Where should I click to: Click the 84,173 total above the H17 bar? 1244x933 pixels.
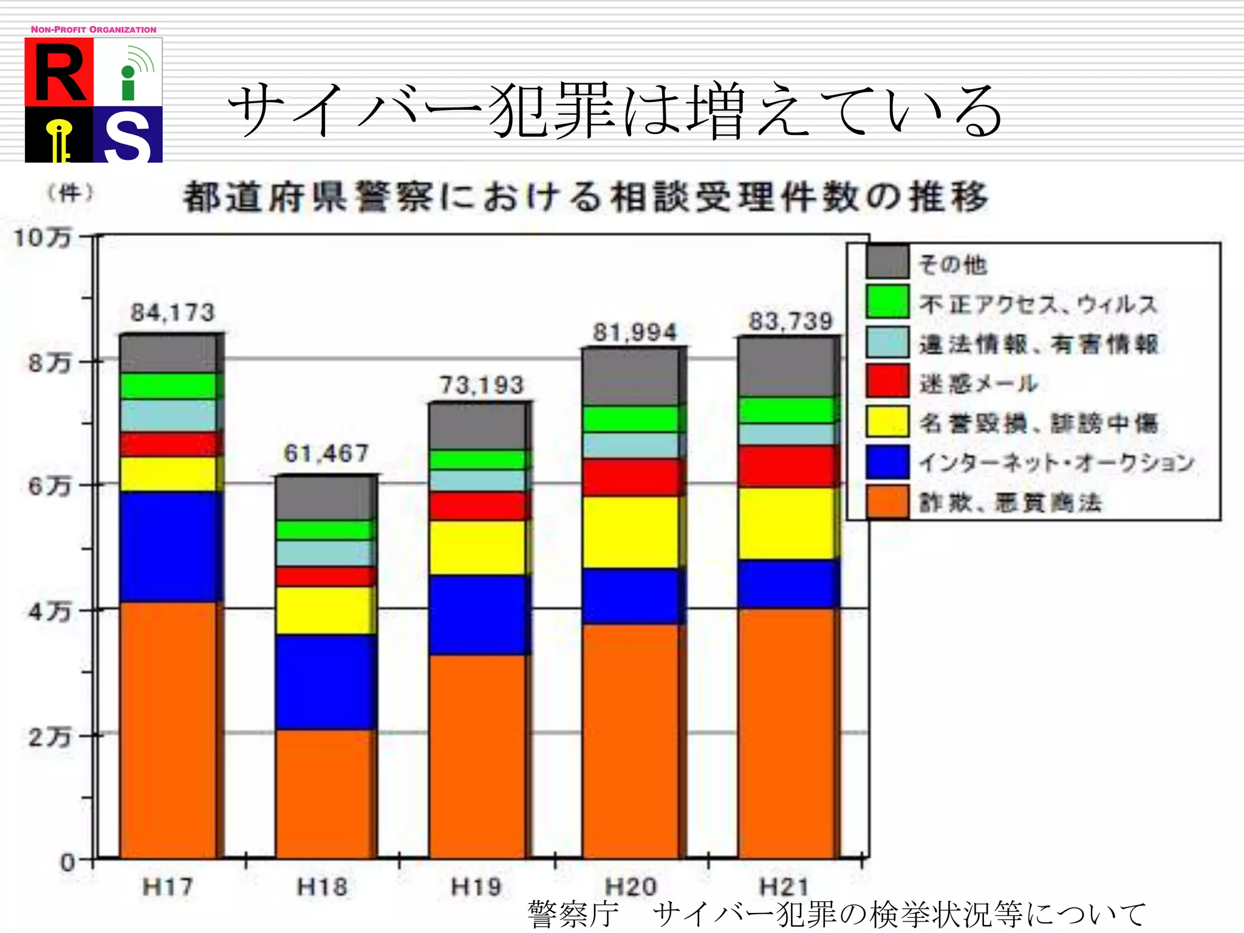(173, 313)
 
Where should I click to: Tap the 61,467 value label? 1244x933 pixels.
(326, 453)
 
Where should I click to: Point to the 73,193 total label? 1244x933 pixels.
(482, 385)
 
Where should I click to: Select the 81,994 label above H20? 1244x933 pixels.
(635, 332)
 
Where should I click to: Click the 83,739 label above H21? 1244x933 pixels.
(791, 321)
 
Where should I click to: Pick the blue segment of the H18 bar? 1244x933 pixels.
(325, 682)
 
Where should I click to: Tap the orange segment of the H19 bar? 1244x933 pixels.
(479, 756)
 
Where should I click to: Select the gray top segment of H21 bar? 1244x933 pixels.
(787, 367)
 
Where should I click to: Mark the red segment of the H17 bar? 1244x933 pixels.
(169, 444)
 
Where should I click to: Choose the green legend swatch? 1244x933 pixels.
(887, 302)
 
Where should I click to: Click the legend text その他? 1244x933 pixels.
(953, 265)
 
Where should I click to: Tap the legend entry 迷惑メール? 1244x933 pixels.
(978, 383)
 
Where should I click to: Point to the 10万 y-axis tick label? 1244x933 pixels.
(43, 238)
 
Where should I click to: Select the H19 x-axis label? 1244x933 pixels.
(477, 887)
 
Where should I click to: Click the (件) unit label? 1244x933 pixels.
(70, 193)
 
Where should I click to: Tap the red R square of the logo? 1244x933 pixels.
(59, 72)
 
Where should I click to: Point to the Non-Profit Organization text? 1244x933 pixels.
(94, 29)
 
